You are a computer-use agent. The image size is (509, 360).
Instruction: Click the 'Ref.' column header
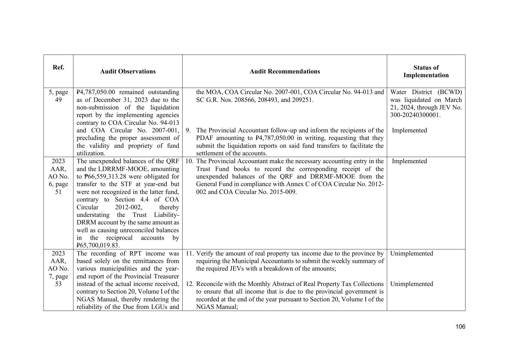[x=58, y=68]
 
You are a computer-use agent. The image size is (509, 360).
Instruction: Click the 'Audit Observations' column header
[x=128, y=71]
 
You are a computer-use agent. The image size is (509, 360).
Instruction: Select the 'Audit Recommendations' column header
[x=285, y=71]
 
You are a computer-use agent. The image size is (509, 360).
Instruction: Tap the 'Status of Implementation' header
[x=426, y=71]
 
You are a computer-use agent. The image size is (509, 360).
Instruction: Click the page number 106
[x=460, y=327]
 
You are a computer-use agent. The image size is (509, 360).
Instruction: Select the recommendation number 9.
[x=188, y=130]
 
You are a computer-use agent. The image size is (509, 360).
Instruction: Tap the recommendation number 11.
[x=190, y=253]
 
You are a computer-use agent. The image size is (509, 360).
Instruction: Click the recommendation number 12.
[x=190, y=284]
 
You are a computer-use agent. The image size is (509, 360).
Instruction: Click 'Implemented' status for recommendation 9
[x=409, y=130]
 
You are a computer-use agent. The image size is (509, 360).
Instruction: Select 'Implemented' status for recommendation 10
[x=409, y=161]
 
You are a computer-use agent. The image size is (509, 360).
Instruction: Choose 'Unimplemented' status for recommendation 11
[x=411, y=253]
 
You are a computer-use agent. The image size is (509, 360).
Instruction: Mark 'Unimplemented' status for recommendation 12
[x=411, y=284]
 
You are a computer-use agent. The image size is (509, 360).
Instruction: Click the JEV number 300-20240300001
[x=415, y=115]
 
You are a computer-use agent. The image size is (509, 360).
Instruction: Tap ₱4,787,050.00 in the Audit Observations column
[x=96, y=92]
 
